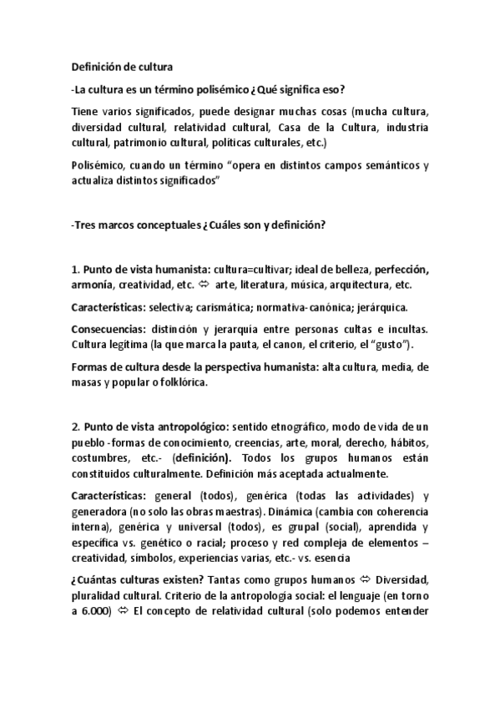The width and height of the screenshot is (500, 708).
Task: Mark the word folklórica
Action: (183, 382)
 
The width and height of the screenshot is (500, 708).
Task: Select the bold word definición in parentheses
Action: (202, 458)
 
